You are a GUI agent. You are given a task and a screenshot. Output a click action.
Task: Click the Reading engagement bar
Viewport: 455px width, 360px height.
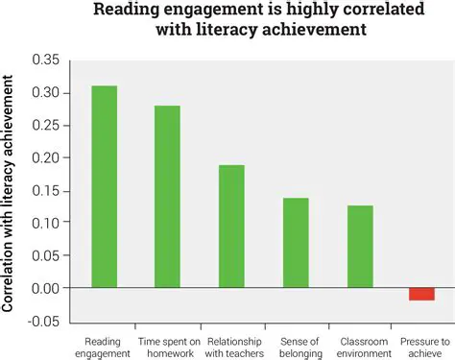tap(105, 186)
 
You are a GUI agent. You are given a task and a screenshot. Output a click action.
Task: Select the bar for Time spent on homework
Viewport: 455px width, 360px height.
tap(167, 196)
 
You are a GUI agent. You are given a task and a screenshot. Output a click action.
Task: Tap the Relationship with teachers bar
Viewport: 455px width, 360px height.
tap(231, 226)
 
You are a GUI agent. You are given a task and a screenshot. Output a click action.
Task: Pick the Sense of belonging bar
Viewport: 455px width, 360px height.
tap(295, 242)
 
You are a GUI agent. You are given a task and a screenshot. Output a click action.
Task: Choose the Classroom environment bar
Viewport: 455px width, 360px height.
tap(360, 246)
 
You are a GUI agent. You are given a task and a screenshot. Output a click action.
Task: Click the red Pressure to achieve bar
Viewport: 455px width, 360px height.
tap(421, 294)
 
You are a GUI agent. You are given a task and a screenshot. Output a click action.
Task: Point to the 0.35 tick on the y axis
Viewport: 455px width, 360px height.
tap(45, 60)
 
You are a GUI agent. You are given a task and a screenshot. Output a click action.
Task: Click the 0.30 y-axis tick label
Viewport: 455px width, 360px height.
tap(45, 93)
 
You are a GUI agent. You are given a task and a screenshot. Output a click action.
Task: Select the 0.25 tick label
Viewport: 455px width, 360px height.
tap(45, 126)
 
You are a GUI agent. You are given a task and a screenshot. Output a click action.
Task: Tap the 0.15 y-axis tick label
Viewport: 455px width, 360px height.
tap(45, 190)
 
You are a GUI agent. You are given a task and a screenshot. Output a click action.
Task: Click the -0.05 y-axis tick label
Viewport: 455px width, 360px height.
tap(43, 320)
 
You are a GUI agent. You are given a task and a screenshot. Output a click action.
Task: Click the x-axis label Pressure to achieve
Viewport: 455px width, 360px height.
tap(423, 347)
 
